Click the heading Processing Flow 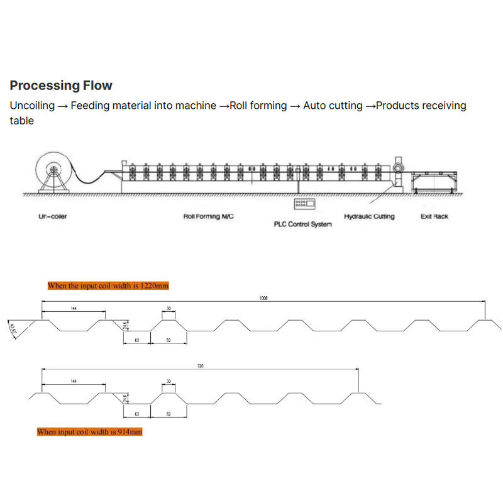[x=61, y=85]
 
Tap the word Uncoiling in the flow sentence [x=32, y=106]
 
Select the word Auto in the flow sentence [x=315, y=106]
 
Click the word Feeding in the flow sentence [x=90, y=106]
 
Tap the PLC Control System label [x=303, y=224]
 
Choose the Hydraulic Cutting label [x=369, y=217]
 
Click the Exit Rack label [x=434, y=217]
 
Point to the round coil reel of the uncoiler [x=52, y=169]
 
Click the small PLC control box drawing [x=303, y=204]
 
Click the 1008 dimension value [x=263, y=298]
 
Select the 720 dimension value [x=201, y=365]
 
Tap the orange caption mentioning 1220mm [x=108, y=285]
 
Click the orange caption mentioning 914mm [x=90, y=432]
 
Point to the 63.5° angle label [x=13, y=328]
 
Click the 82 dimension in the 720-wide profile [x=168, y=414]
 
